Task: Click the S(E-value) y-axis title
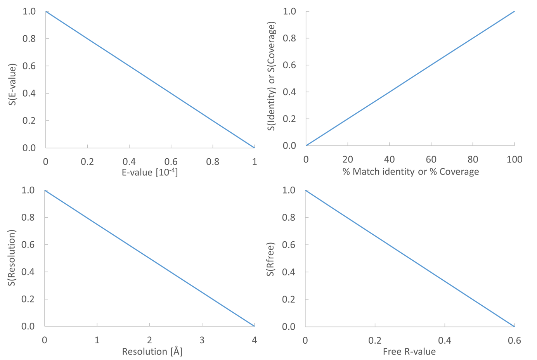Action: point(13,85)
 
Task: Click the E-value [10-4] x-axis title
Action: point(150,172)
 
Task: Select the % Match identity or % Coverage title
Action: point(411,171)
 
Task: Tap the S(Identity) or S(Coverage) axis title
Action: point(272,76)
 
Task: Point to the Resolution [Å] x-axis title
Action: point(152,351)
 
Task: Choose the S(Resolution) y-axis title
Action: point(12,258)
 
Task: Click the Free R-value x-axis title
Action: point(409,351)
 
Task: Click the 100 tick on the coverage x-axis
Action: point(514,159)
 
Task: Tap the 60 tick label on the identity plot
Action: point(431,159)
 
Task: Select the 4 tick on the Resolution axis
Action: point(254,340)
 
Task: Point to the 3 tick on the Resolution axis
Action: point(202,340)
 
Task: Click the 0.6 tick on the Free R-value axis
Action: point(514,341)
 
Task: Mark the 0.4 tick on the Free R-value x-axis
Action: point(445,341)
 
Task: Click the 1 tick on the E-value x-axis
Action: point(254,161)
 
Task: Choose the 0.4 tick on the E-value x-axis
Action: point(129,161)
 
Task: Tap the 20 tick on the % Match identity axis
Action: point(348,159)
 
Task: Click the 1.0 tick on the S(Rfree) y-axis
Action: point(289,190)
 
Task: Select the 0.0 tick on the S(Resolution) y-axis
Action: point(28,326)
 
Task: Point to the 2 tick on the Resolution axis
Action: point(149,340)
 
